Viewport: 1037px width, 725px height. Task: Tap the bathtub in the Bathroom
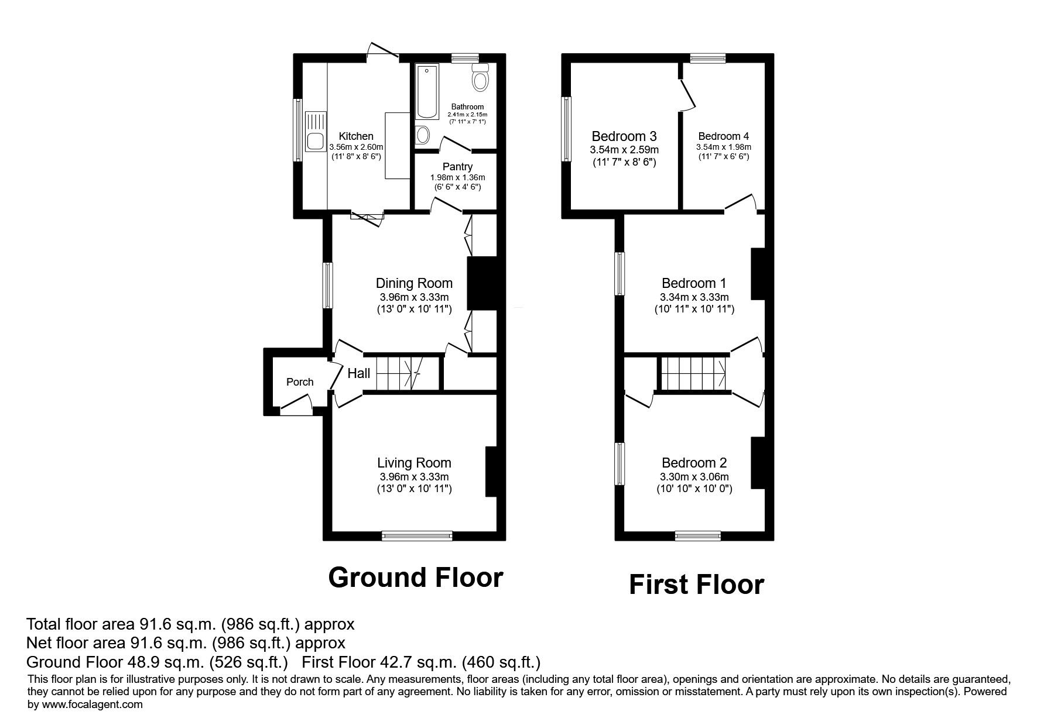coord(426,92)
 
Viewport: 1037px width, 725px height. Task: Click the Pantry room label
coord(457,167)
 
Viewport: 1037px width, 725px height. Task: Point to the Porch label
coord(300,382)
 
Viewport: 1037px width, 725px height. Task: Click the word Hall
coord(359,373)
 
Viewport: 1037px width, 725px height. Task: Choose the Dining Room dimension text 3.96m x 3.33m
coord(414,297)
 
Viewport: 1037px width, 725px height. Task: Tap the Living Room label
coord(414,463)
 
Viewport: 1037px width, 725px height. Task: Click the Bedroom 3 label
coord(624,136)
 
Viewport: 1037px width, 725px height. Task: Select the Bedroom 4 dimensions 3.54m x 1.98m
coord(724,147)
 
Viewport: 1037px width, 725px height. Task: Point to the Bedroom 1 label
coord(694,283)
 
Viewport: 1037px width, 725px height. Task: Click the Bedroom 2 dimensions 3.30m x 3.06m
coord(694,477)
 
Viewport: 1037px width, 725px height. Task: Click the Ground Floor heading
coord(416,577)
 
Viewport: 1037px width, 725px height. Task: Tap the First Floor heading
coord(696,585)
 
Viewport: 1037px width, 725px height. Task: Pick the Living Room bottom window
coord(417,535)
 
